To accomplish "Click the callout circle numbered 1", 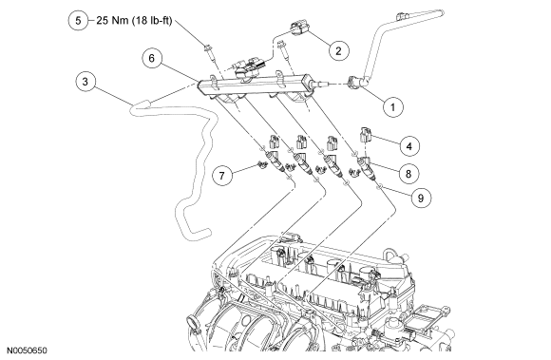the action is click(392, 106).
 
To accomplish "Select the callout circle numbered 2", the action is click(339, 50).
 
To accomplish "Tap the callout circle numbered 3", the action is click(85, 82).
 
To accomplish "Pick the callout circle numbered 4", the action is click(409, 145).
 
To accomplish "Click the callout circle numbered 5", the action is click(78, 20).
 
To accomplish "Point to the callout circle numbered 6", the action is click(152, 58).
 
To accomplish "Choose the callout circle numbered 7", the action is click(222, 175).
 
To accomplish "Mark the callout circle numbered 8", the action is click(408, 173).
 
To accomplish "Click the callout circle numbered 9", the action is click(420, 198).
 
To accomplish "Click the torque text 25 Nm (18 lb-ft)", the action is click(134, 21).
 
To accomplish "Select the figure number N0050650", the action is click(27, 351).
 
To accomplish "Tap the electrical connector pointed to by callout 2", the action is click(298, 29).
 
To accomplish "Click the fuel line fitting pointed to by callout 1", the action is click(356, 83).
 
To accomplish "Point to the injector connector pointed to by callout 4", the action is click(365, 135).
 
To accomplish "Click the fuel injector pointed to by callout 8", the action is click(365, 167).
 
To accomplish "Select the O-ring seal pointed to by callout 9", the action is click(378, 187).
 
